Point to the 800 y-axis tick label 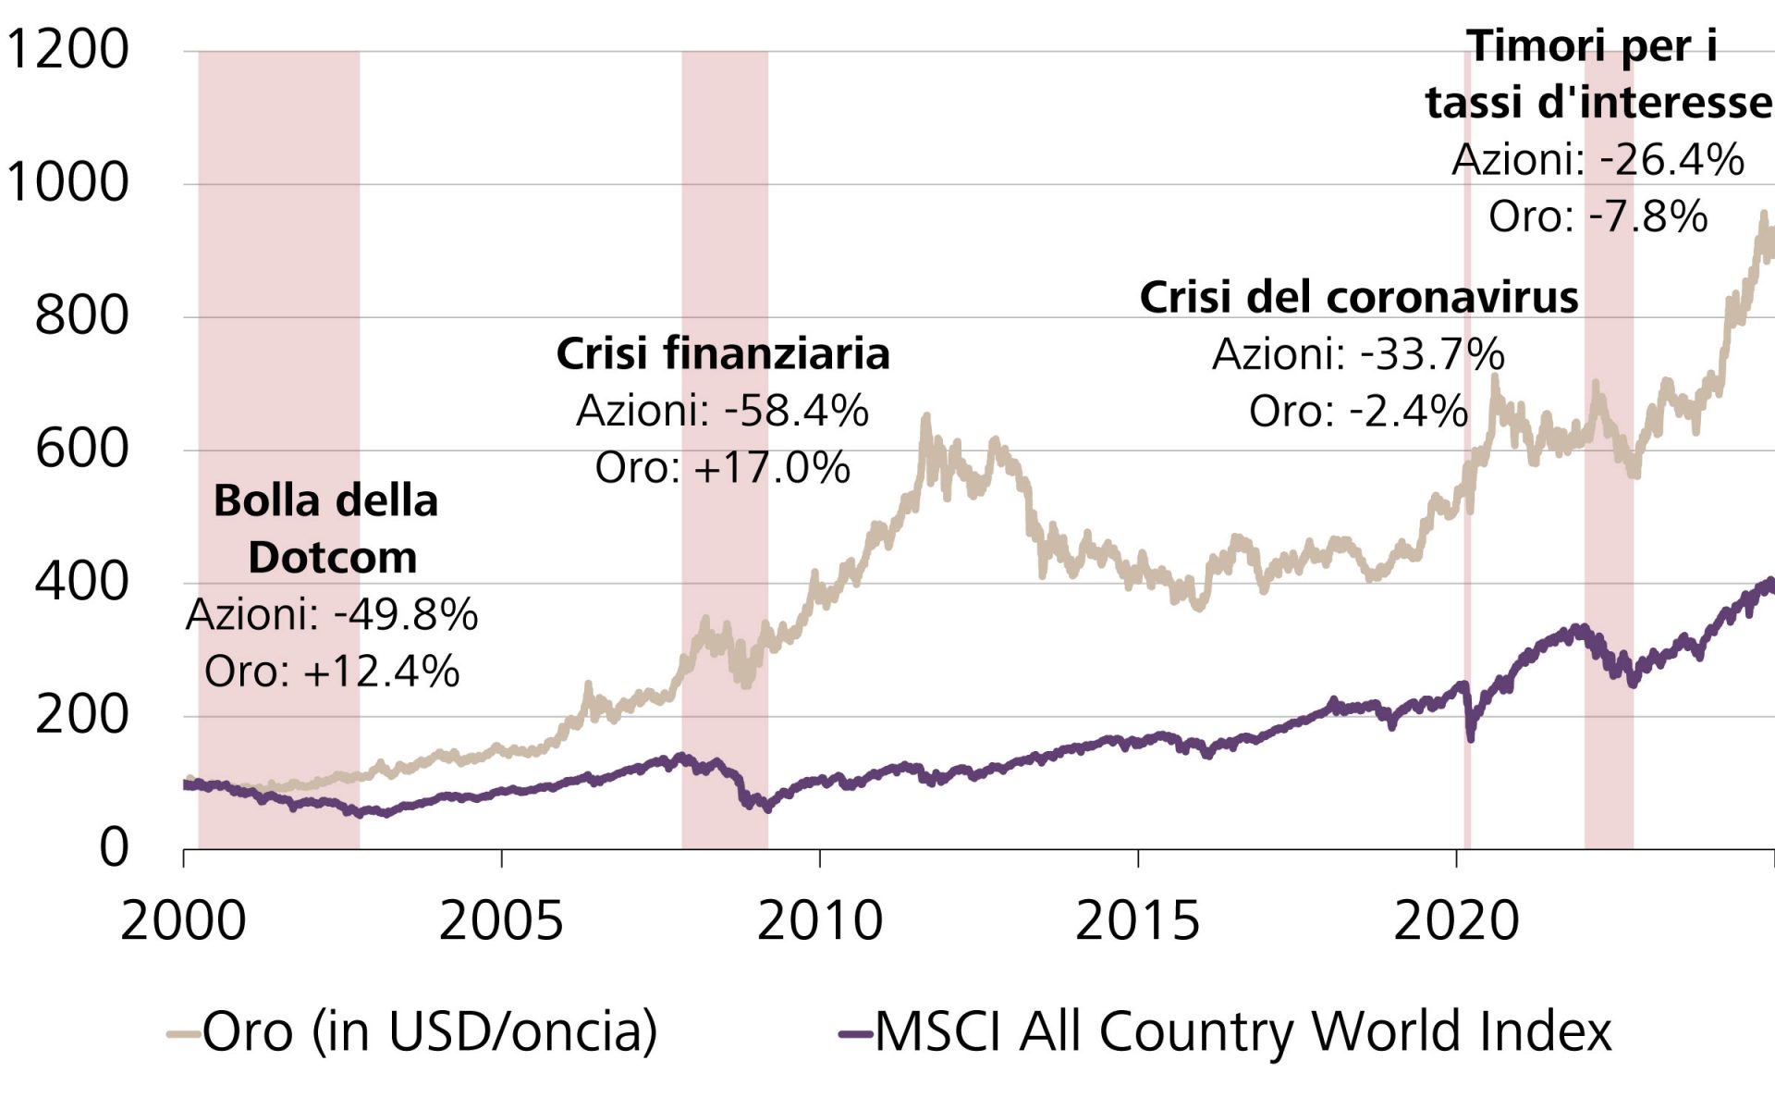[81, 316]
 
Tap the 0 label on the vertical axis [114, 847]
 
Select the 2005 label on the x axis [500, 921]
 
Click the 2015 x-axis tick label [1137, 921]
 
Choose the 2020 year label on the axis [1456, 921]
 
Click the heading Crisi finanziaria [722, 354]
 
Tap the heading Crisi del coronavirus [1358, 298]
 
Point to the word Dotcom [332, 558]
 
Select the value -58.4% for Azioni [796, 412]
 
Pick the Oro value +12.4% [380, 672]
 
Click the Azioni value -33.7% [1432, 355]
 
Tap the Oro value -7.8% [1647, 217]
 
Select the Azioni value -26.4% [1671, 160]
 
